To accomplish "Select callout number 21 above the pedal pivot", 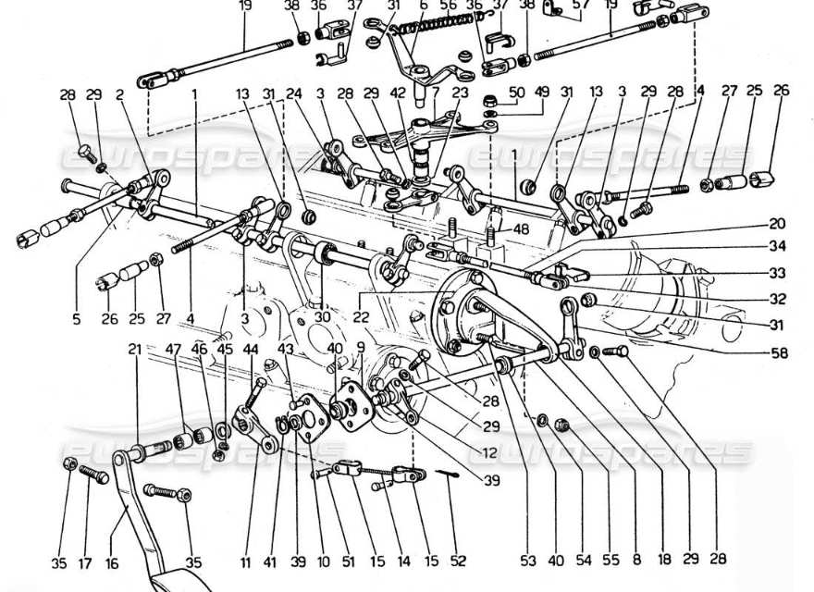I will tap(136, 349).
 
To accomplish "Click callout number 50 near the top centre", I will tap(516, 92).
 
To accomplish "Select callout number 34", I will tap(777, 246).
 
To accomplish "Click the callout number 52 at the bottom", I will tap(459, 561).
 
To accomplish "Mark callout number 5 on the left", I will tap(77, 321).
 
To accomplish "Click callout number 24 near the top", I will tap(294, 92).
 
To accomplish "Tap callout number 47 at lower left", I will tap(173, 349).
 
